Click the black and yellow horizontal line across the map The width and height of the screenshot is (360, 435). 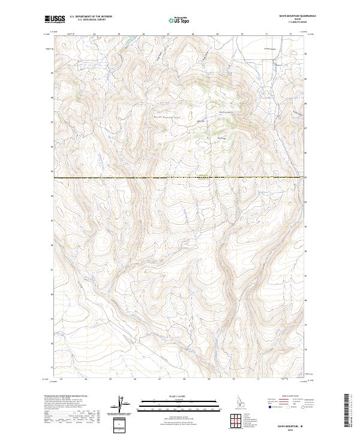(x=180, y=178)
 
